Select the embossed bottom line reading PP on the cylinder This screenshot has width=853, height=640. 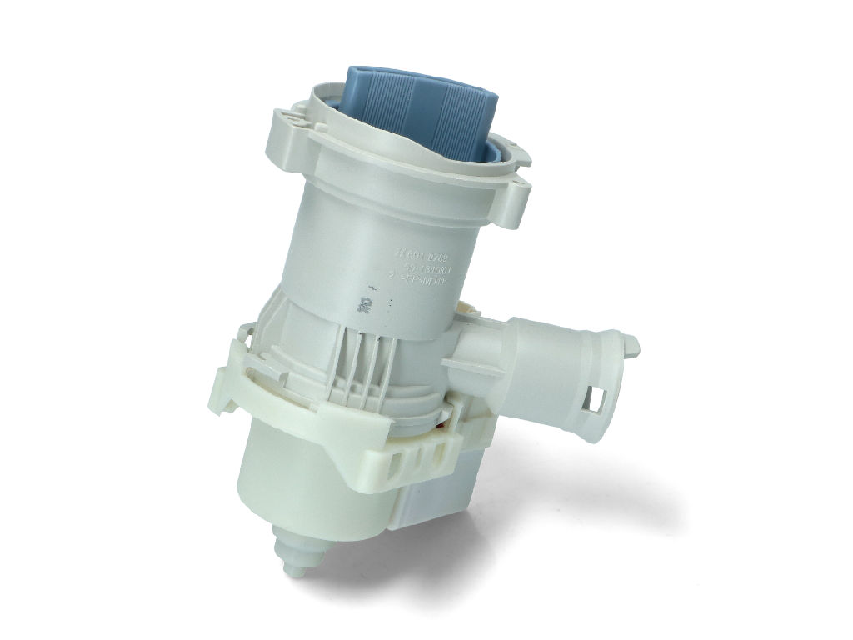(425, 284)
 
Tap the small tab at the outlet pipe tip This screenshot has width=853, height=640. (631, 342)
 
